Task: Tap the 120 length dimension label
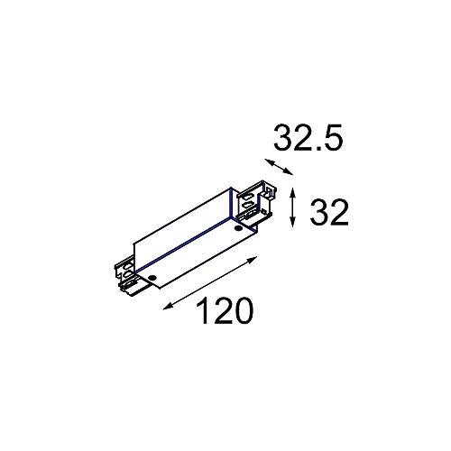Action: coord(223,312)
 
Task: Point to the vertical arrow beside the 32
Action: coord(293,207)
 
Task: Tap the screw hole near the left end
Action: coord(154,277)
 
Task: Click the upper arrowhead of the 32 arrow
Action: coord(293,190)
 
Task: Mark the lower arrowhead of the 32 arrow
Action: coord(293,225)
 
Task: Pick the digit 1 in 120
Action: coord(200,312)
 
